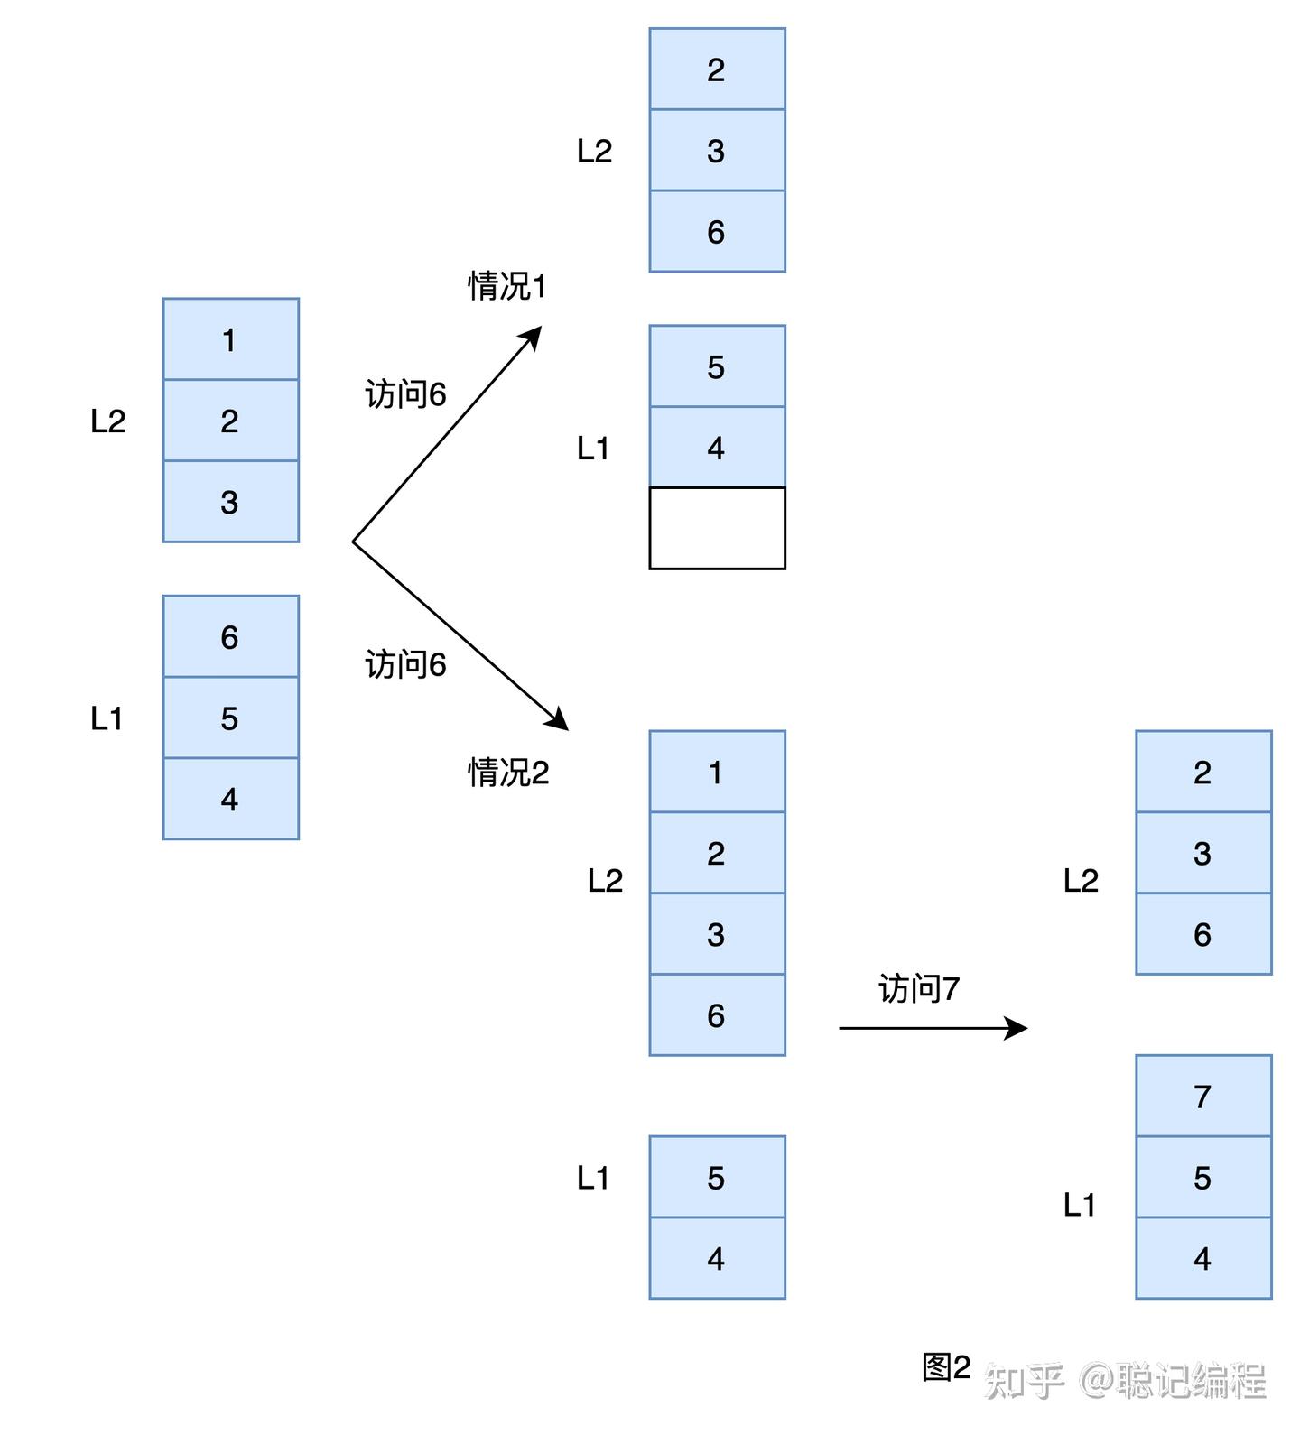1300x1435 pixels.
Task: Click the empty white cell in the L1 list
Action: (x=717, y=528)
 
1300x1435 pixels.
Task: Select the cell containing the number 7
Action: (x=1202, y=1096)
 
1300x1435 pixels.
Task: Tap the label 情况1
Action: (x=507, y=286)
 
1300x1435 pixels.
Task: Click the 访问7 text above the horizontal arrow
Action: (x=919, y=989)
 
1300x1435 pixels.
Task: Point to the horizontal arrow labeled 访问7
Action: (x=933, y=1028)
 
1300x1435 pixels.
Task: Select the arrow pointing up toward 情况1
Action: (x=447, y=434)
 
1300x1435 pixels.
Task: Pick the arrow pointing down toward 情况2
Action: (x=460, y=635)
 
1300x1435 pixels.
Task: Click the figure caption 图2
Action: (x=946, y=1368)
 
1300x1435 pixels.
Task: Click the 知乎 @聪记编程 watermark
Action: (x=1125, y=1381)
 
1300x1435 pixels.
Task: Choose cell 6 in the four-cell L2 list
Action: (x=717, y=1015)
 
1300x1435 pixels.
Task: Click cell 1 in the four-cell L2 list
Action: (x=717, y=772)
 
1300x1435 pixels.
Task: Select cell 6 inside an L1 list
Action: (x=230, y=637)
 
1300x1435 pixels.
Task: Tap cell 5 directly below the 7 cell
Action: (x=1202, y=1177)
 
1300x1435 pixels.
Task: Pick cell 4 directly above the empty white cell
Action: (x=717, y=448)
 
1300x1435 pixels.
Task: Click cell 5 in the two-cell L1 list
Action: (x=717, y=1177)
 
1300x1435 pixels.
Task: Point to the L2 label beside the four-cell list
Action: (x=605, y=880)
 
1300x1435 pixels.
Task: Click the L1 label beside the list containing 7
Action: (x=1079, y=1204)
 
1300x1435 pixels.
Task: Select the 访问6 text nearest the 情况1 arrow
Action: (x=405, y=394)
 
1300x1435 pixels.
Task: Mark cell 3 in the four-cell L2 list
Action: (x=717, y=934)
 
